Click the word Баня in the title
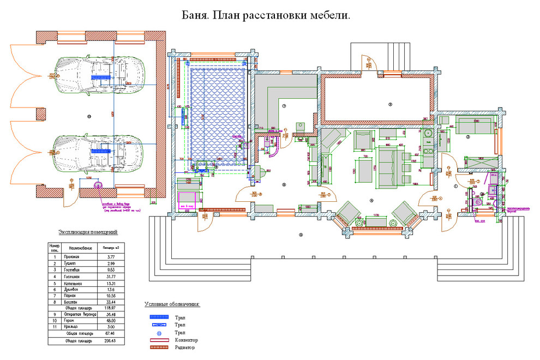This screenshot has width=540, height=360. click(193, 16)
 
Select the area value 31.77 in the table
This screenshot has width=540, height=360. click(110, 277)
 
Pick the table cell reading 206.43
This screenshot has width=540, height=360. click(110, 341)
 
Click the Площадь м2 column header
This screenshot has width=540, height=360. click(110, 247)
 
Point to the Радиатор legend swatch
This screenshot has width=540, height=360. click(159, 347)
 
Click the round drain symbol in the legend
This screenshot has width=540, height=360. click(159, 332)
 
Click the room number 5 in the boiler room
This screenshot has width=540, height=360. click(391, 104)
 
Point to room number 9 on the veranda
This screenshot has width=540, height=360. click(300, 235)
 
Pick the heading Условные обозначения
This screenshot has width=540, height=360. click(172, 304)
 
